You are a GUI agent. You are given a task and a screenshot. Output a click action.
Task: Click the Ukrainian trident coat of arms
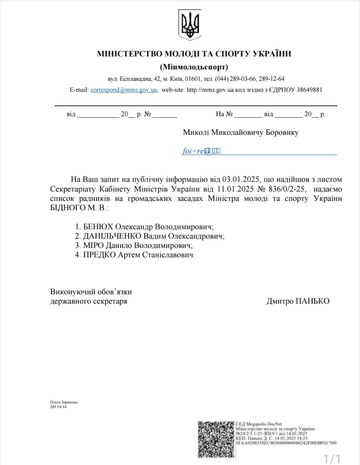click(190, 25)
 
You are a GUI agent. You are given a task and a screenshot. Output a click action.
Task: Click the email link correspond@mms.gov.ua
click(124, 90)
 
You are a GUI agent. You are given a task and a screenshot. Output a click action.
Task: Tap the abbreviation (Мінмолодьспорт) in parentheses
click(194, 67)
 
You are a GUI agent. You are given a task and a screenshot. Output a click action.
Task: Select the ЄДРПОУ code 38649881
click(308, 90)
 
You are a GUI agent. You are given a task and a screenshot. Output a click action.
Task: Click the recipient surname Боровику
click(282, 132)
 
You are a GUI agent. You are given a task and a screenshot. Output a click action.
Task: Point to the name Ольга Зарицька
click(64, 402)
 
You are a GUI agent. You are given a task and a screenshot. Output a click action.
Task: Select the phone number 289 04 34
click(58, 407)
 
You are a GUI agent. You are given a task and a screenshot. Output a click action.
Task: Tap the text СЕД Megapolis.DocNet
click(259, 424)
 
